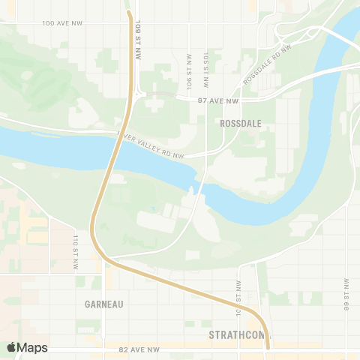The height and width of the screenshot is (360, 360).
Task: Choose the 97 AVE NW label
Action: (x=222, y=100)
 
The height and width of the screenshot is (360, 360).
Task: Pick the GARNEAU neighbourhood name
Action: (x=104, y=304)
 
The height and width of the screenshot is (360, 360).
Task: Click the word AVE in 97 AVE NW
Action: (x=222, y=100)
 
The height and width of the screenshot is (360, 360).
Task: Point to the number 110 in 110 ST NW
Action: (x=76, y=241)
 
